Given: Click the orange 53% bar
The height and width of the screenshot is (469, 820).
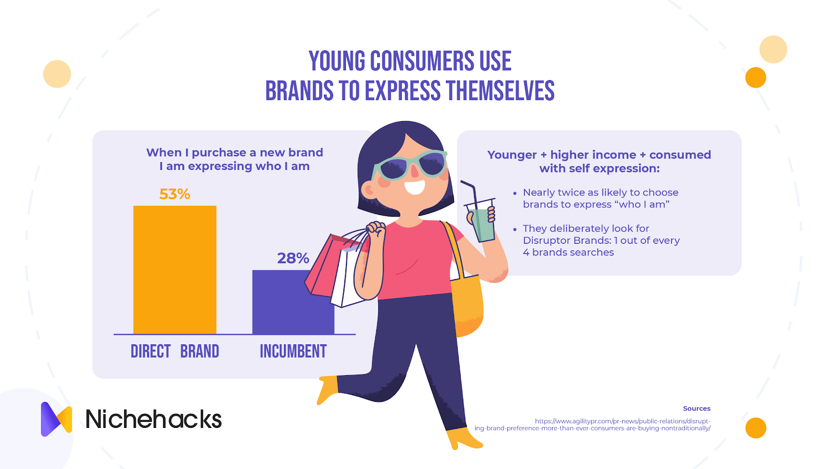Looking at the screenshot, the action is pyautogui.click(x=175, y=270).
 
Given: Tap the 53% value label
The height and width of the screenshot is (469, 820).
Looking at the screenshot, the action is pyautogui.click(x=175, y=194).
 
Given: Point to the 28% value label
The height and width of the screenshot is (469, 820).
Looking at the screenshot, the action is pyautogui.click(x=293, y=258).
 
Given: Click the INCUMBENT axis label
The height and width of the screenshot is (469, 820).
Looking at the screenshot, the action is pyautogui.click(x=293, y=351).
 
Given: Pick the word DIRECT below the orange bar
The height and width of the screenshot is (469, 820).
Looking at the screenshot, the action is pyautogui.click(x=151, y=351).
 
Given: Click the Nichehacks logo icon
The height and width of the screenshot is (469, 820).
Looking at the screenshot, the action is pyautogui.click(x=56, y=419).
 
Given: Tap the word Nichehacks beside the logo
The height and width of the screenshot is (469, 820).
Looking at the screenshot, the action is pyautogui.click(x=153, y=419).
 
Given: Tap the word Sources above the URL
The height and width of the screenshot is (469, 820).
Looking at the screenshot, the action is pyautogui.click(x=696, y=408).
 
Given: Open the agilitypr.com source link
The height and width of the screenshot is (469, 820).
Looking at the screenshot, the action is pyautogui.click(x=592, y=425).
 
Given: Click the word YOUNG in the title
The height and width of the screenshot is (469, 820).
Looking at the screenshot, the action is pyautogui.click(x=337, y=61).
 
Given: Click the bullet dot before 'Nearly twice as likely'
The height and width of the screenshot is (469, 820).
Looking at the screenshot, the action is pyautogui.click(x=515, y=193).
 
